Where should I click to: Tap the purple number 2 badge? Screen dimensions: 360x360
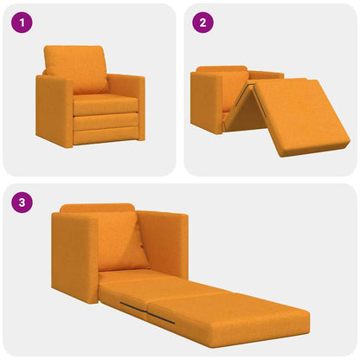pyautogui.click(x=202, y=23)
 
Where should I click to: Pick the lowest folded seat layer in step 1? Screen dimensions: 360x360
pyautogui.click(x=106, y=135)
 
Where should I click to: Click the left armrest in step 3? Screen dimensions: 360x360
pyautogui.click(x=73, y=255)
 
